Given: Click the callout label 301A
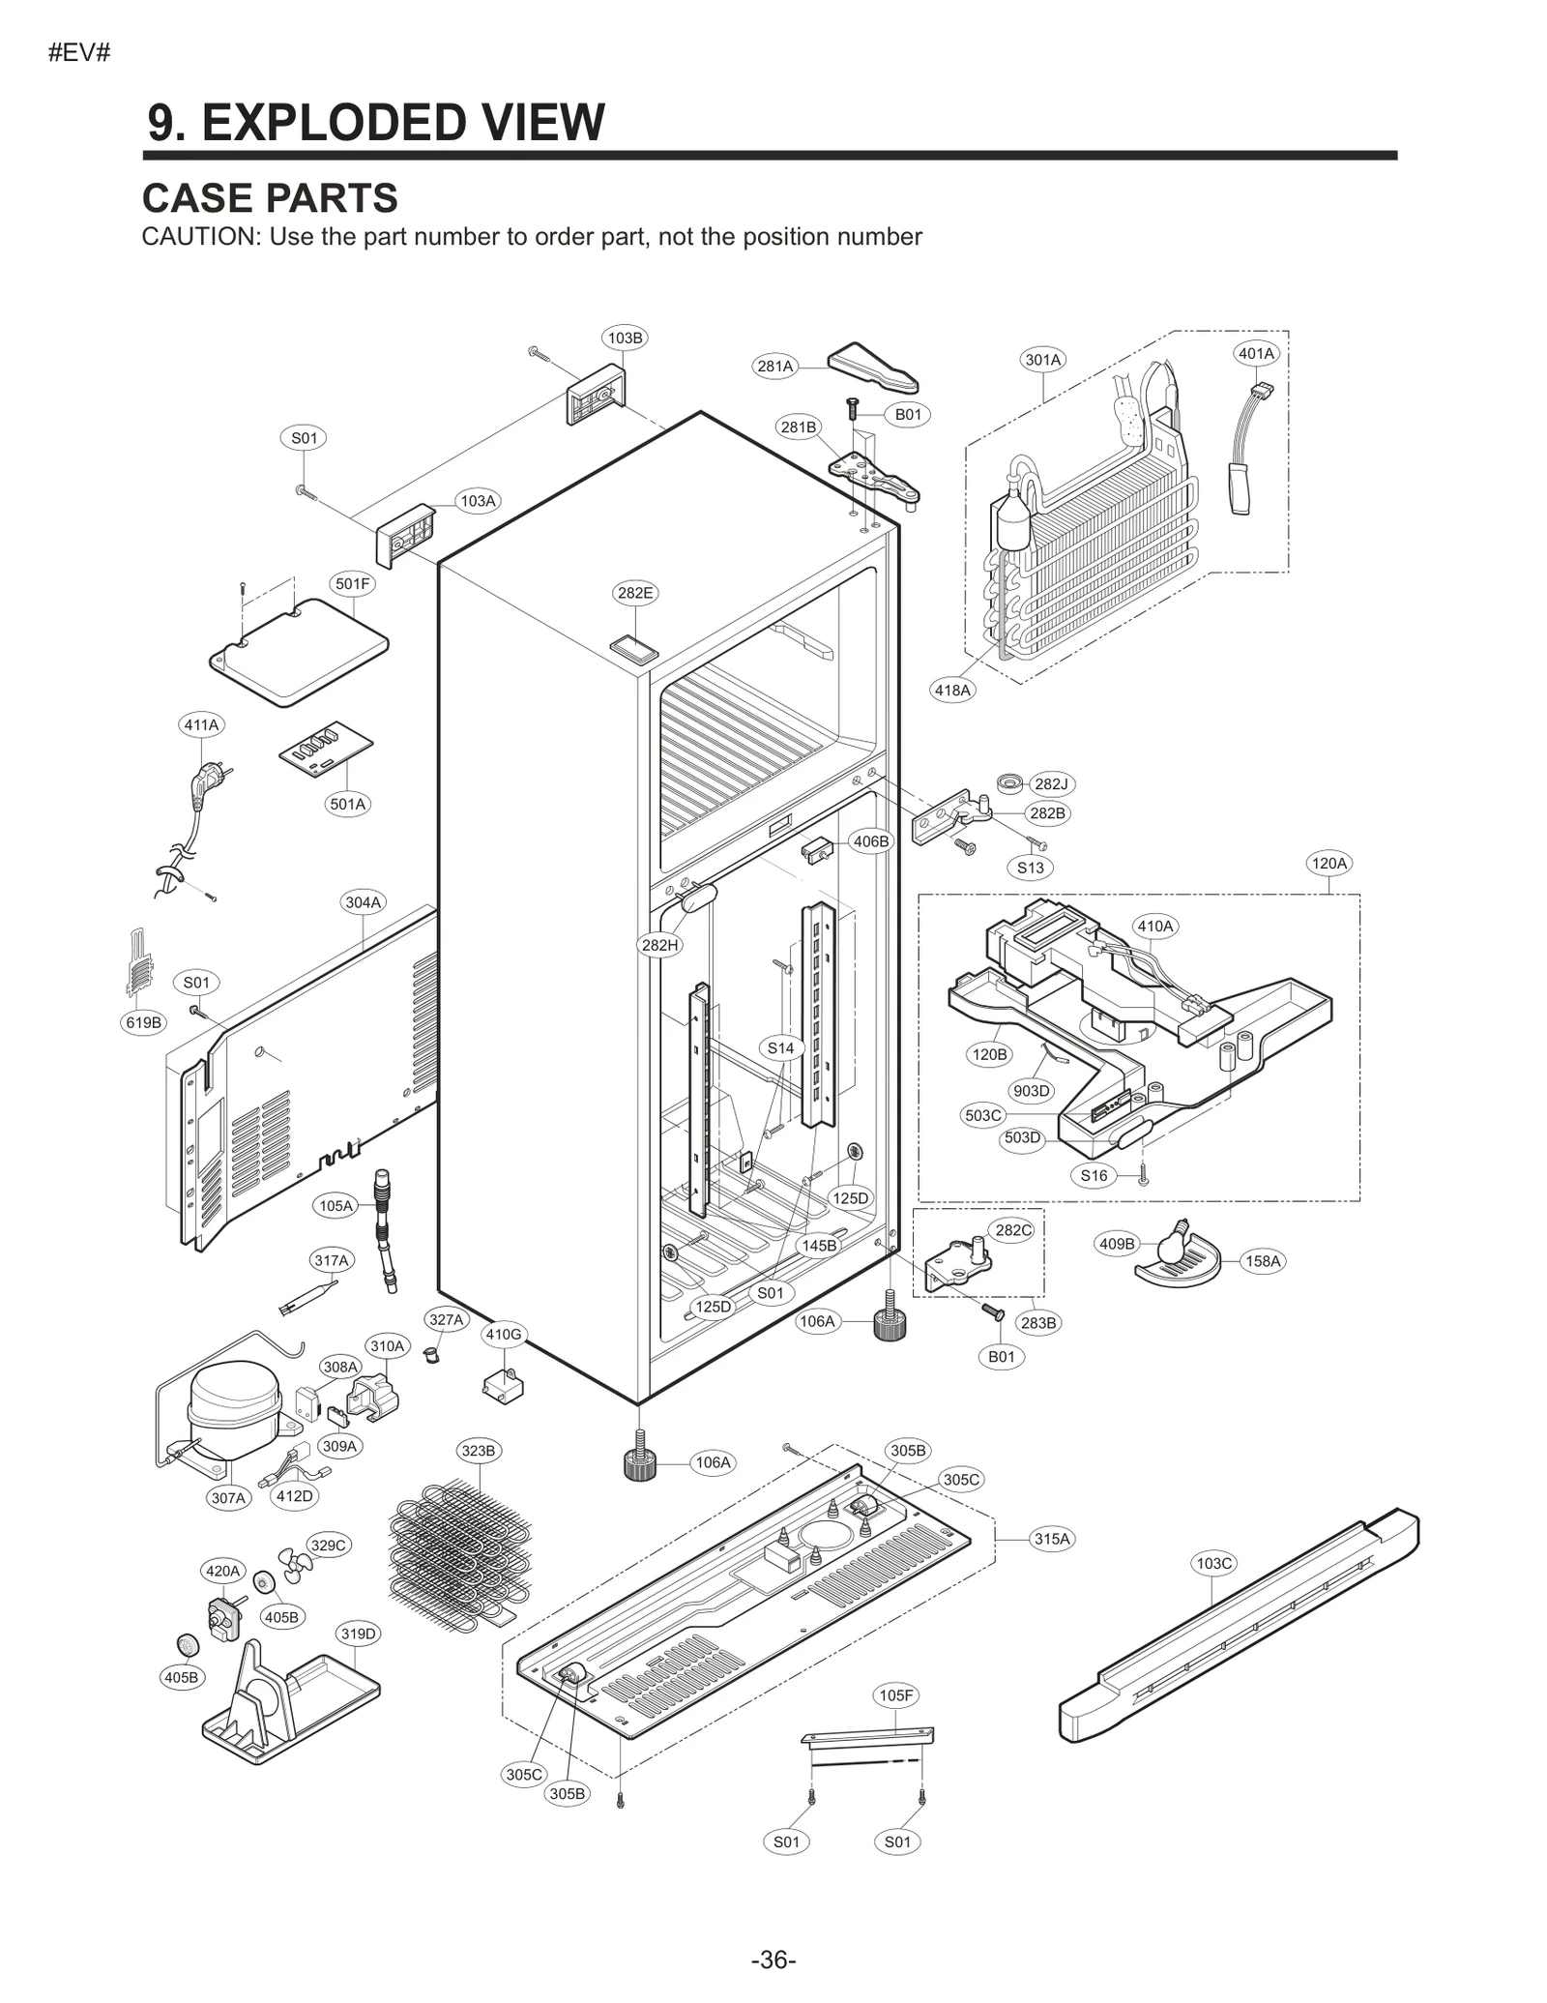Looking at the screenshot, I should (1042, 360).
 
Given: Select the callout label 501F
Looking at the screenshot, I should (352, 583).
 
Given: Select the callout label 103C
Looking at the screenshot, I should (1213, 1563).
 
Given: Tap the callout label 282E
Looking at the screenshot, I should (634, 593).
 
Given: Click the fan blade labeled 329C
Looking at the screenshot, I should (295, 1562).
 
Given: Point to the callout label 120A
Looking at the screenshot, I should (1328, 863).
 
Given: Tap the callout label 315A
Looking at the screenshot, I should (1052, 1539).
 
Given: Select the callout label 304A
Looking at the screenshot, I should (364, 902).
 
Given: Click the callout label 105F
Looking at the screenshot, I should (895, 1695).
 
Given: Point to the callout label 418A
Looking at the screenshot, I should (952, 690).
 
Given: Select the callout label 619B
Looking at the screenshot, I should (144, 1022).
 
